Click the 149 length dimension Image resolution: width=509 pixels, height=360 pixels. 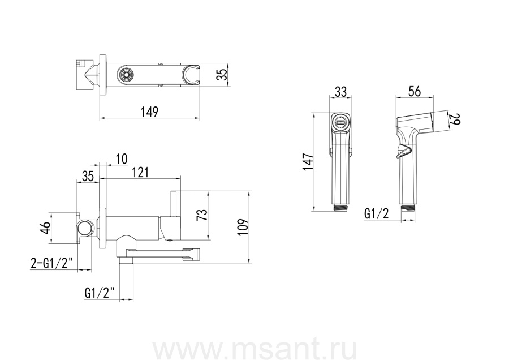pyautogui.click(x=149, y=112)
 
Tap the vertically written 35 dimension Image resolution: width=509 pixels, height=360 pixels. pyautogui.click(x=222, y=74)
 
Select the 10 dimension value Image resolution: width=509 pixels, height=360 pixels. pyautogui.click(x=122, y=159)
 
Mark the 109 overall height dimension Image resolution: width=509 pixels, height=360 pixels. pyautogui.click(x=243, y=227)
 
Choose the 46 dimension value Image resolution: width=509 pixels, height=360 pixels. pyautogui.click(x=45, y=228)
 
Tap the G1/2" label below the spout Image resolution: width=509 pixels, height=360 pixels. pyautogui.click(x=100, y=293)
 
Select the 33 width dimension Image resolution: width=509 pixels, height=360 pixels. pyautogui.click(x=340, y=92)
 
